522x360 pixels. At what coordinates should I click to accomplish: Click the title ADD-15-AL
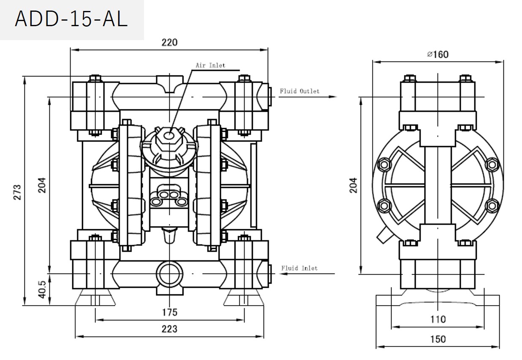tap(71, 19)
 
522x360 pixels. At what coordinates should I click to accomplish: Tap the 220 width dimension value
tap(169, 42)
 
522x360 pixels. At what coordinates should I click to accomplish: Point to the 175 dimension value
tap(169, 313)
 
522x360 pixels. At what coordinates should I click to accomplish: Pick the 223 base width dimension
tap(169, 329)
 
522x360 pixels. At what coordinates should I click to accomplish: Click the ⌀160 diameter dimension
tap(438, 54)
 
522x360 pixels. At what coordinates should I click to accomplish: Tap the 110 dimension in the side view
tap(438, 319)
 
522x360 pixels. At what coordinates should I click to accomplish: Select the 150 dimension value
tap(438, 339)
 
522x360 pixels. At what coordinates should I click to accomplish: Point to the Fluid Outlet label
tap(299, 91)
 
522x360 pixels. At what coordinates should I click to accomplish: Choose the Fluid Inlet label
tap(299, 268)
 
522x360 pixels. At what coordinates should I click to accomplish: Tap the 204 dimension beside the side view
tap(353, 185)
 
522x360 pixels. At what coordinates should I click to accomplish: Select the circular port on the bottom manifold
tap(169, 274)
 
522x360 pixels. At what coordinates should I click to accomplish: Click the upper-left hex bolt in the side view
tap(385, 165)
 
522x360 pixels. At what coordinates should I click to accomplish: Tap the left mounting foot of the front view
tap(95, 298)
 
